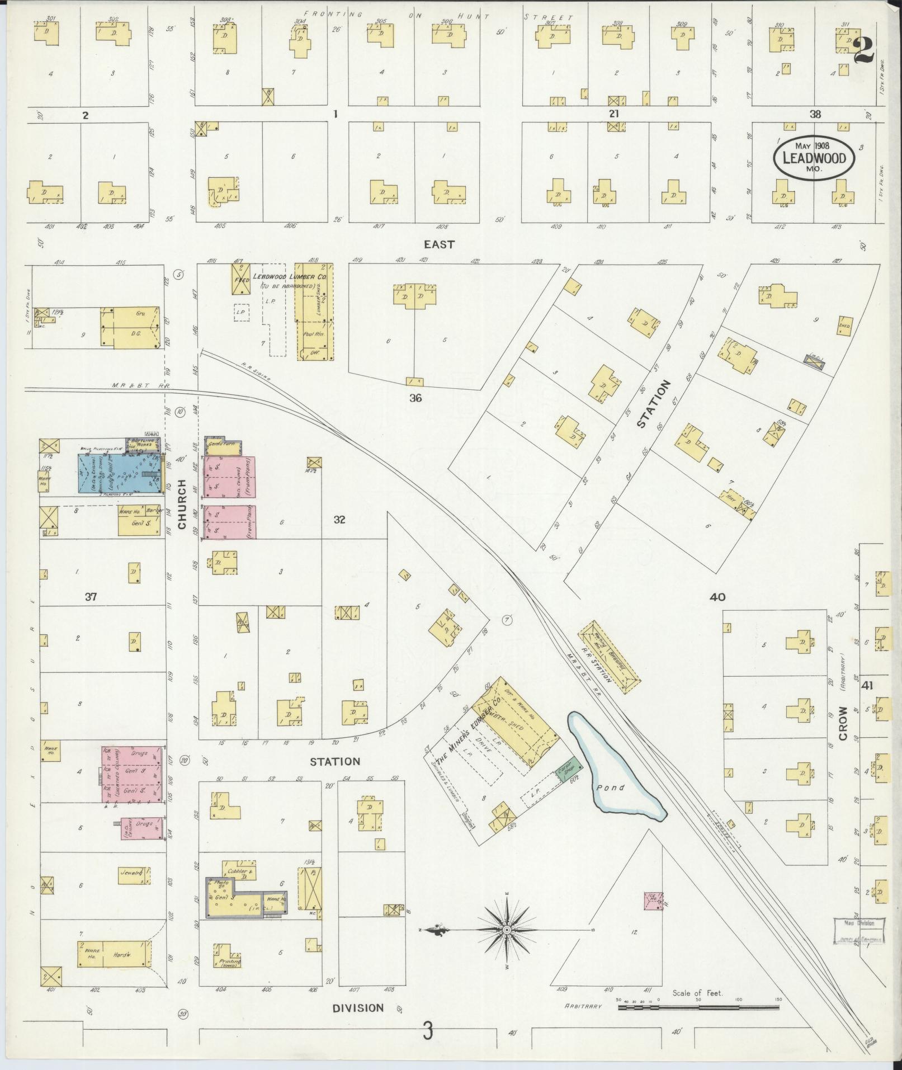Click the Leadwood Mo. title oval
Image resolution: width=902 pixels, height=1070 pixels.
(x=814, y=157)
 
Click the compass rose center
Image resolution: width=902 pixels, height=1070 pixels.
(x=506, y=930)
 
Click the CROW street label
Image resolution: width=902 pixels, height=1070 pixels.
(x=843, y=723)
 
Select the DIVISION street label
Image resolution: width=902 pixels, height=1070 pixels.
(x=358, y=1008)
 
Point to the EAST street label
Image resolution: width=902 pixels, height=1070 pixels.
(x=439, y=244)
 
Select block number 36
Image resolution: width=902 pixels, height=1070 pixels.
(x=415, y=398)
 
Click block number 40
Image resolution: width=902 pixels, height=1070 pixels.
(x=717, y=597)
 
